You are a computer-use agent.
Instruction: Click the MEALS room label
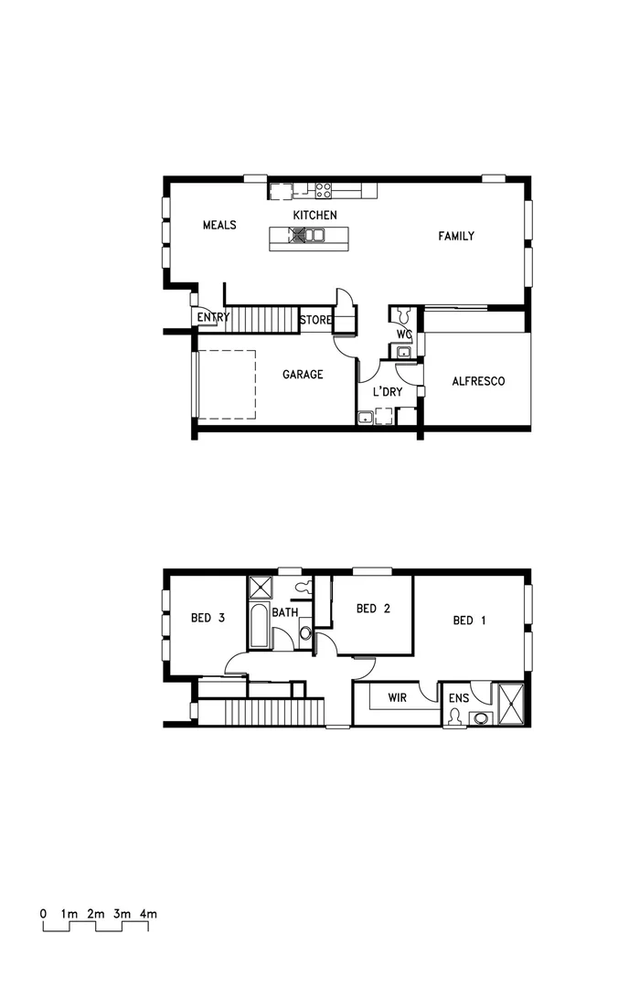(x=219, y=225)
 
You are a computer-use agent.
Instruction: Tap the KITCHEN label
(x=314, y=215)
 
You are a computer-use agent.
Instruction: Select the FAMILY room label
(x=455, y=236)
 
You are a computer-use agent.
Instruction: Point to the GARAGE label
(x=302, y=374)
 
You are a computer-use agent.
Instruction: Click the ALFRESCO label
(x=478, y=381)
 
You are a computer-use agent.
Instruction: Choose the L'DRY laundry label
(x=387, y=392)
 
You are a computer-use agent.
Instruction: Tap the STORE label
(x=314, y=320)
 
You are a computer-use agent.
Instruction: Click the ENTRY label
(x=213, y=318)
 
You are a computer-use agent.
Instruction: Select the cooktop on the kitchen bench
(x=324, y=190)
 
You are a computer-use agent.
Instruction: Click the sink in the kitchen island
(x=314, y=236)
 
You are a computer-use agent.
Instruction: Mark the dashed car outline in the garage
(x=226, y=384)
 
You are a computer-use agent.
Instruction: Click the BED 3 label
(x=208, y=618)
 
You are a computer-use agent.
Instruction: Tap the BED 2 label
(x=373, y=609)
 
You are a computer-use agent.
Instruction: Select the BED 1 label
(x=469, y=621)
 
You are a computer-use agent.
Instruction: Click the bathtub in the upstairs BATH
(x=260, y=626)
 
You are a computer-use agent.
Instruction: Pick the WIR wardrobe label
(x=397, y=697)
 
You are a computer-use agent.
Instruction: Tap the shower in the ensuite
(x=510, y=704)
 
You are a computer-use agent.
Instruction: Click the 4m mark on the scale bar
(x=148, y=913)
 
